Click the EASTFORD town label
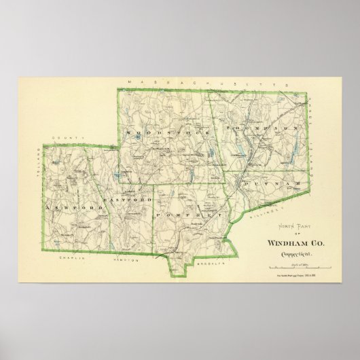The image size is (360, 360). [x=126, y=201]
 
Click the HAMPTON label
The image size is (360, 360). [x=126, y=261]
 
